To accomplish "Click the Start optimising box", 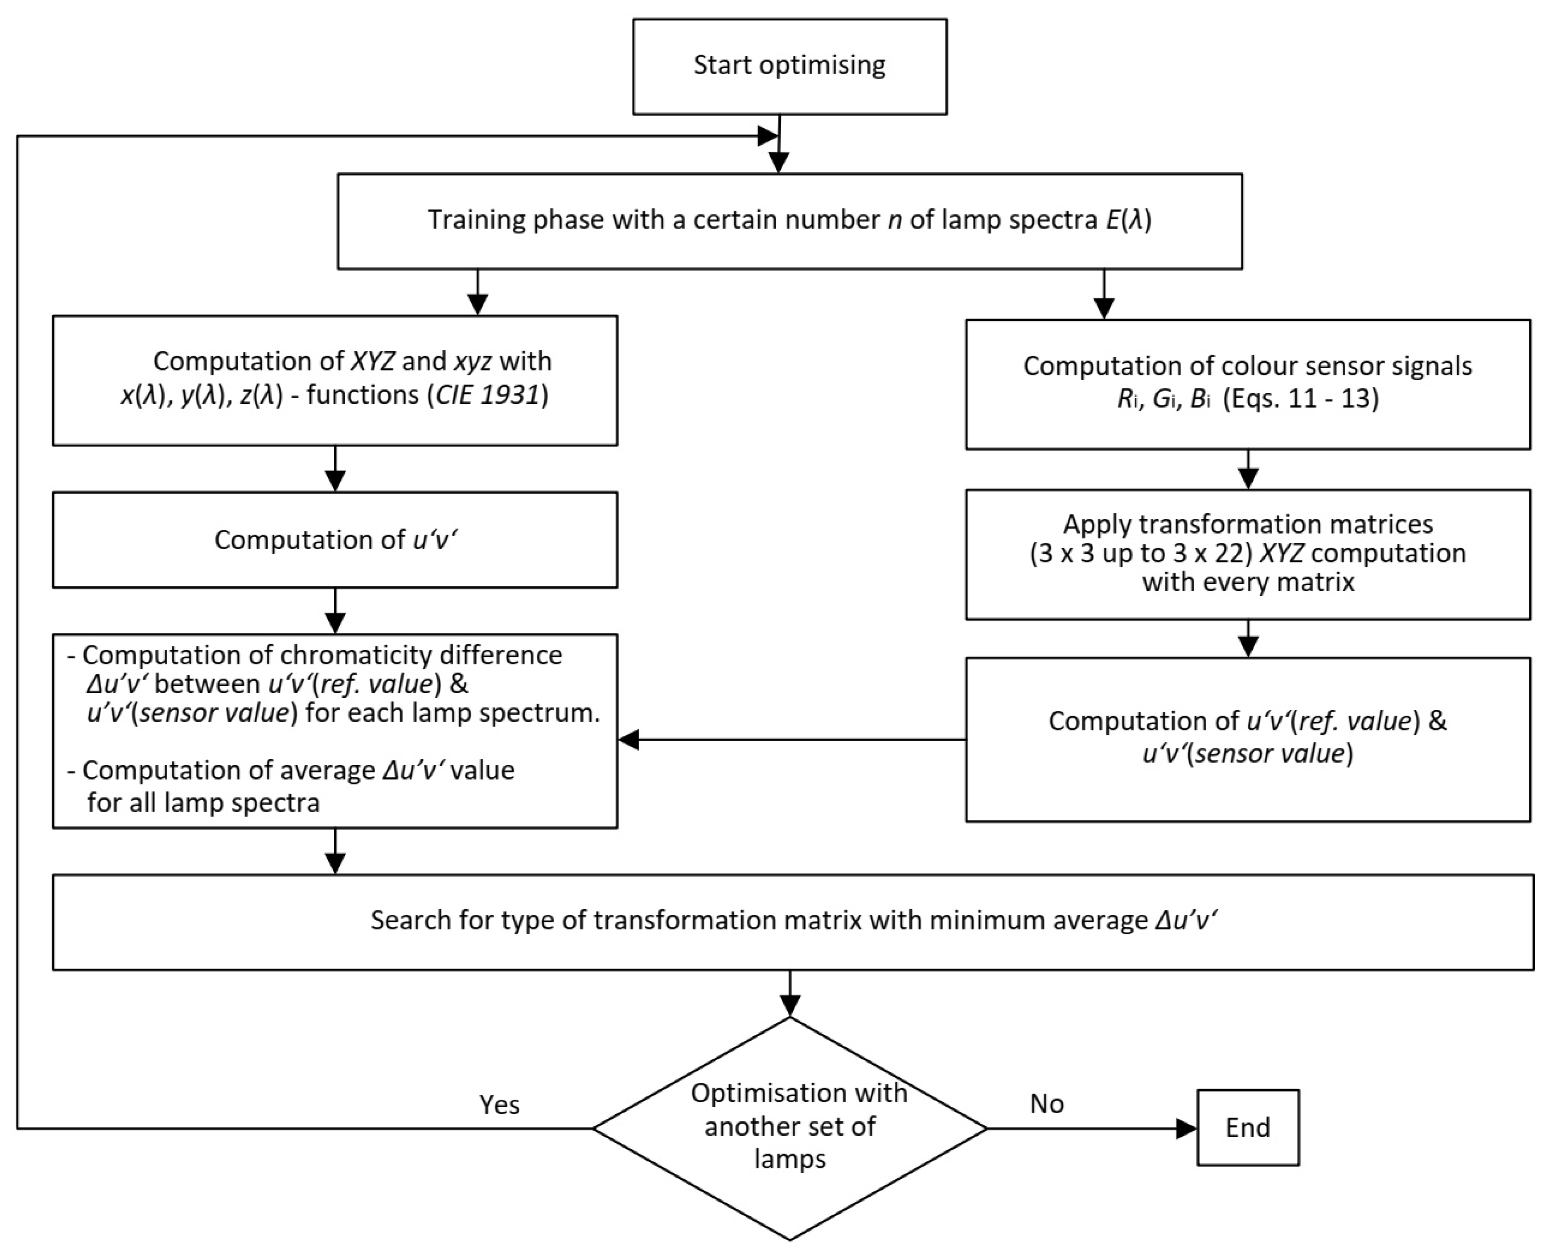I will [x=789, y=66].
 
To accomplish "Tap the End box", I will [x=1247, y=1128].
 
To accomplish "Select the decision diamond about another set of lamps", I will [x=789, y=1128].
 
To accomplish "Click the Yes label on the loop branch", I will [x=499, y=1105].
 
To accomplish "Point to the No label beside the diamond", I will [x=1046, y=1104].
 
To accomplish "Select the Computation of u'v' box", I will [x=335, y=540].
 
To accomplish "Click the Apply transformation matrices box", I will [x=1247, y=554].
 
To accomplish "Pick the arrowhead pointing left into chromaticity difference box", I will [x=629, y=740].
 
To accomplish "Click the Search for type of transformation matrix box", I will [x=792, y=921].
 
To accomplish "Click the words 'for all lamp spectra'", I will [x=203, y=803].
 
